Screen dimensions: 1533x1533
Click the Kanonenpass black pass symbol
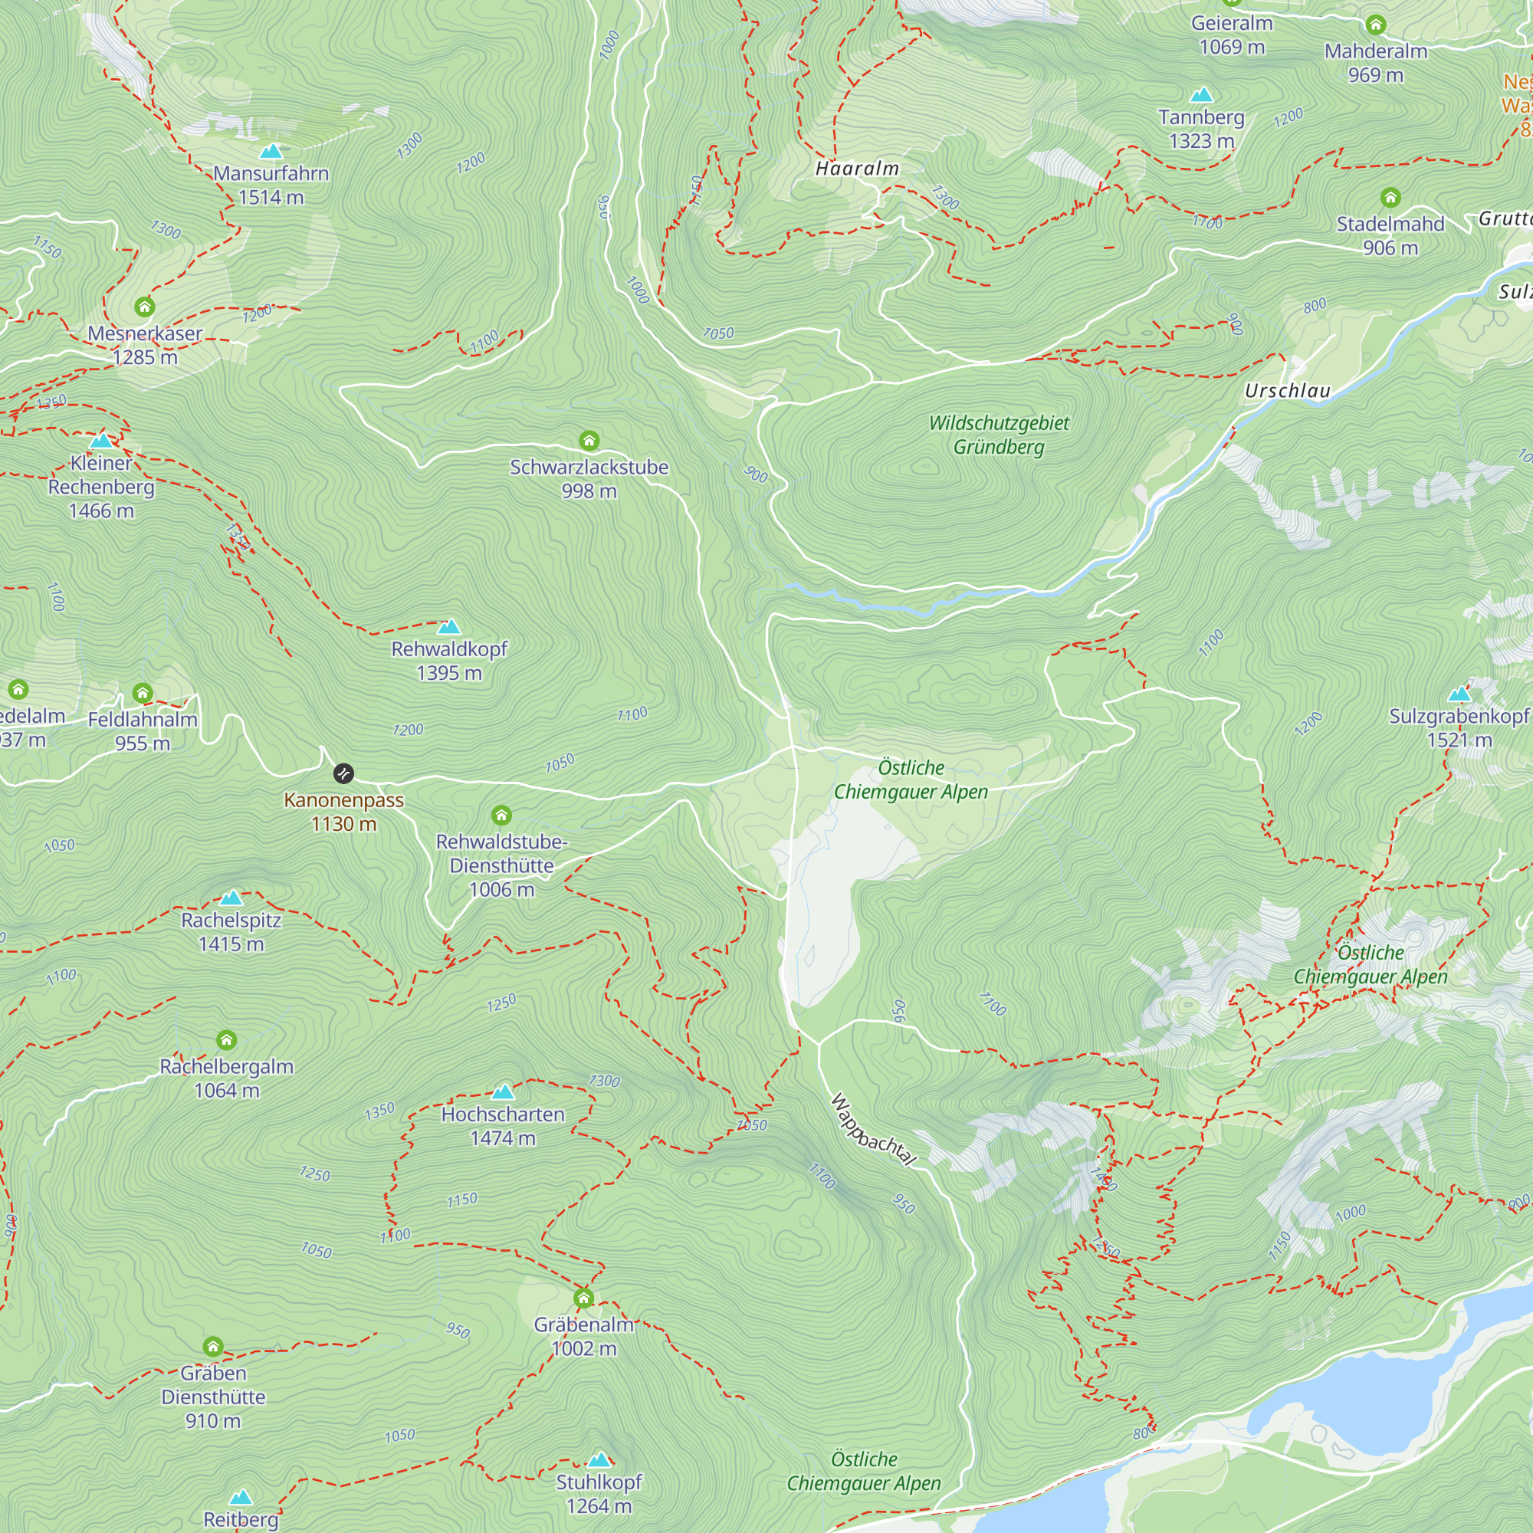(343, 773)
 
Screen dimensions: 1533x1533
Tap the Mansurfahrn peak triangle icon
(271, 151)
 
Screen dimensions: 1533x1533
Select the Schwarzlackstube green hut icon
(589, 441)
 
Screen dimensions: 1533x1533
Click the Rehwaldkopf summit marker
(449, 626)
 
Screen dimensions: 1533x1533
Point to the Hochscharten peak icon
(503, 1091)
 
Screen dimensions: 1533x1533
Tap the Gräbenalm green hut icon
(584, 1299)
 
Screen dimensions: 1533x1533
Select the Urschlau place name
(1287, 390)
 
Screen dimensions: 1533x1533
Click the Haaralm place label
(857, 168)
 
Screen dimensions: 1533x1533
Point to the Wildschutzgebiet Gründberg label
(999, 435)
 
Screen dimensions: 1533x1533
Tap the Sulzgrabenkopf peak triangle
(1459, 695)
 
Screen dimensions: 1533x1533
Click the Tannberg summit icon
(1201, 95)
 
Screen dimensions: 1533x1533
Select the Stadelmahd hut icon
(1390, 198)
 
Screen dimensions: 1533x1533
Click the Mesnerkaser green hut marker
(144, 307)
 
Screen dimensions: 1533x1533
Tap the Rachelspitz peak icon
(231, 898)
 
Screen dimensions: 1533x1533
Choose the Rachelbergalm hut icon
(226, 1040)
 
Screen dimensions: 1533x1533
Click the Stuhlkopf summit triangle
(599, 1460)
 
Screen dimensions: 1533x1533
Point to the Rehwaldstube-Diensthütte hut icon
(501, 815)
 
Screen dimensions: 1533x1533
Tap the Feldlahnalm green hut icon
(143, 694)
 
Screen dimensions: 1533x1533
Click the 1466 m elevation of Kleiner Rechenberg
(102, 511)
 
